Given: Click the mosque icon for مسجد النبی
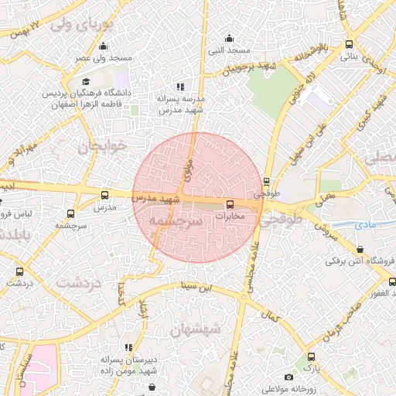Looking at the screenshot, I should (229, 38).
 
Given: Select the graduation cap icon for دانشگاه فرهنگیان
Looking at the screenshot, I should (86, 81).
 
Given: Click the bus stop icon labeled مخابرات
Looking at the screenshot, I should (229, 205).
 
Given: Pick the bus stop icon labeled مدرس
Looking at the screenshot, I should (104, 195).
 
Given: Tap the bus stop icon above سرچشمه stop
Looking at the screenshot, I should (71, 213).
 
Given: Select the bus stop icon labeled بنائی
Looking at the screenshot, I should (350, 44).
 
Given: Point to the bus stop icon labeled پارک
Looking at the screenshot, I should (311, 357).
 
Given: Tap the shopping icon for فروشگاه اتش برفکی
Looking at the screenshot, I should (360, 249).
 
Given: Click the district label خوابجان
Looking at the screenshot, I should (101, 147).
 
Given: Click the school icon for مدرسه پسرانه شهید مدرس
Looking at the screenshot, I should (180, 87).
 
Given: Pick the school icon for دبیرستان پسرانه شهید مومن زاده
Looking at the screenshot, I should (128, 347).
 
